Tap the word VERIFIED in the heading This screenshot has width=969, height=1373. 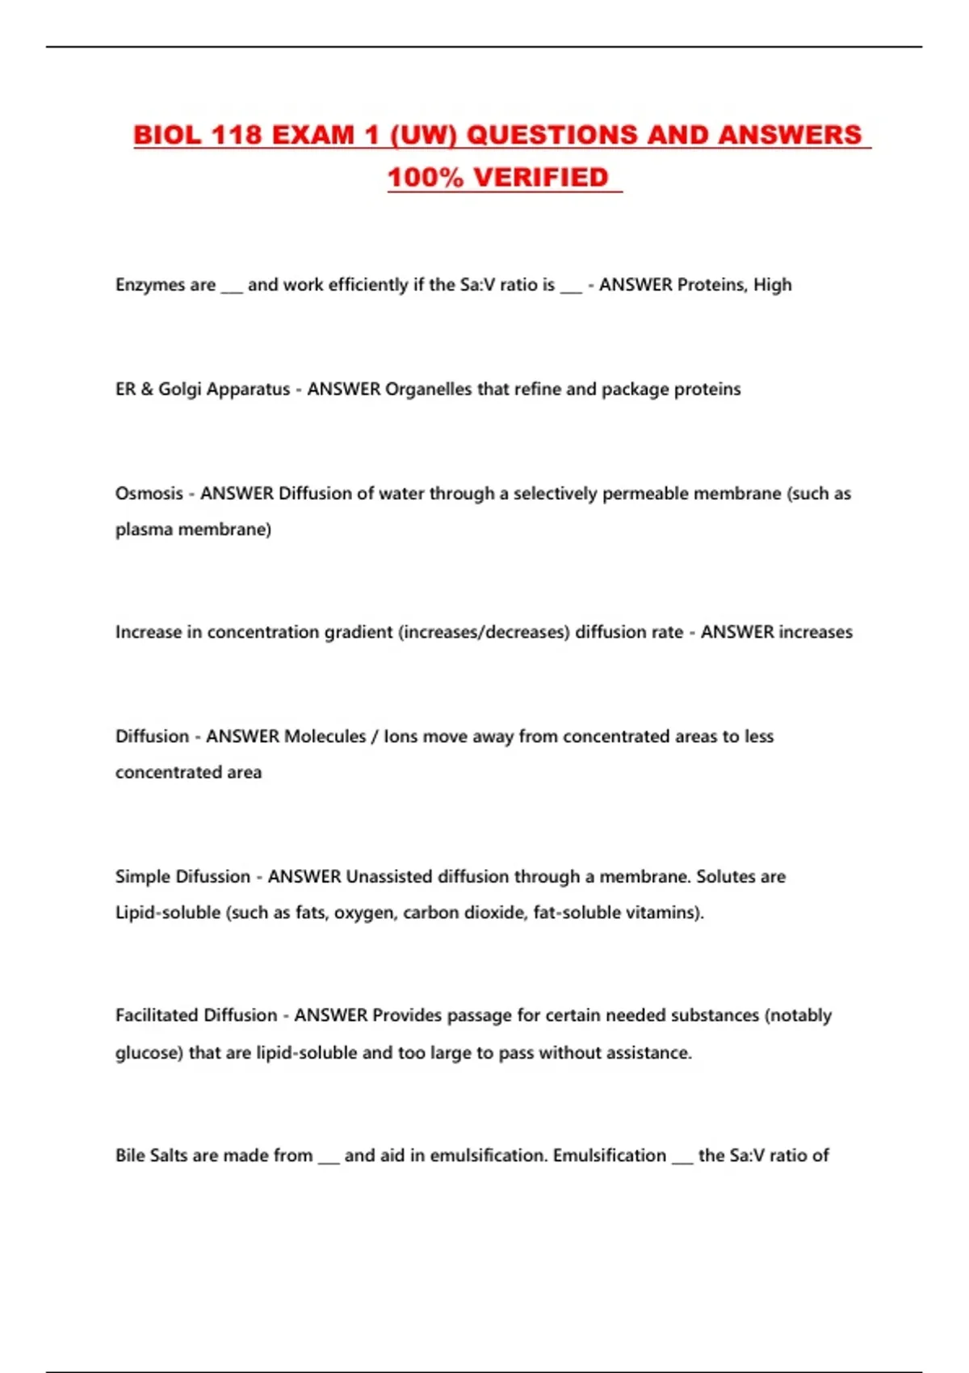tap(541, 178)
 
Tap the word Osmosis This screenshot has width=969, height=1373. tap(149, 493)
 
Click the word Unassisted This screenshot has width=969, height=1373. tap(388, 877)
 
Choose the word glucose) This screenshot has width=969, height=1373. tap(149, 1053)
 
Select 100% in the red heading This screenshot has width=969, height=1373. tap(426, 178)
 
